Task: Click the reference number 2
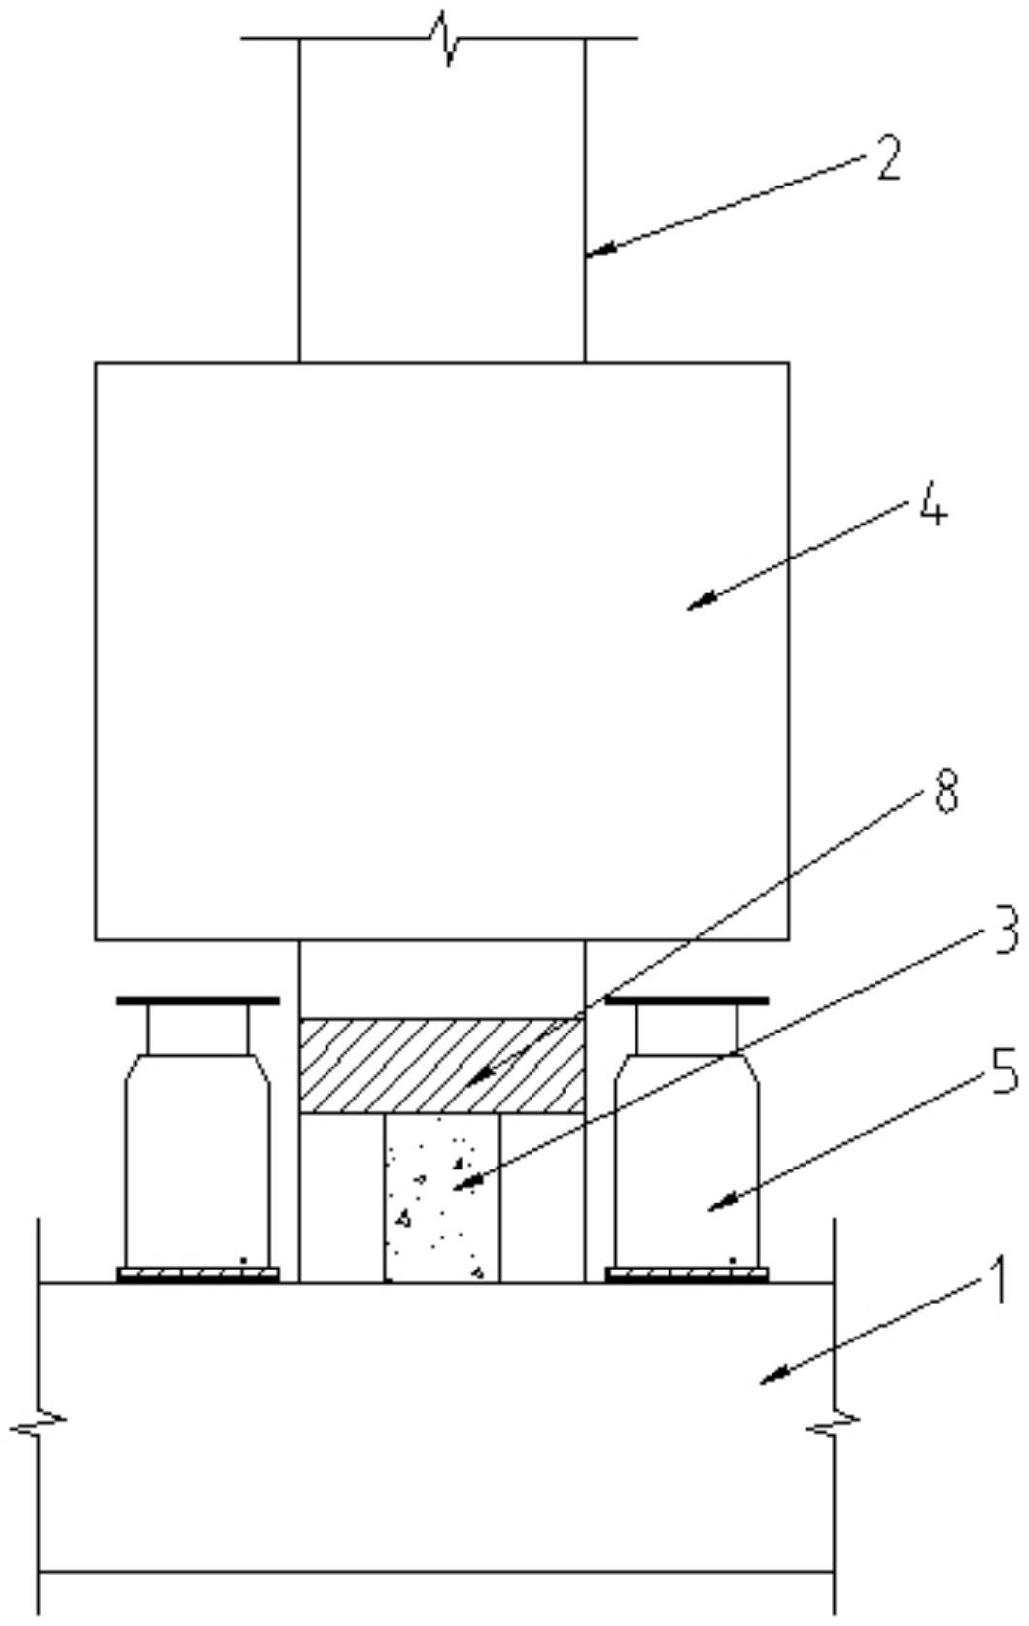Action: pos(887,157)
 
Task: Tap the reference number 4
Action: pos(933,502)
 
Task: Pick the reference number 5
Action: pos(1005,1072)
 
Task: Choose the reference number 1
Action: pos(998,1283)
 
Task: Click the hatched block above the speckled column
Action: pos(442,1066)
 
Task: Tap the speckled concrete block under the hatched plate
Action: pos(442,1198)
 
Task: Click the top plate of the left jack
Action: pos(197,1001)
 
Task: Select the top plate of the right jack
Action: pos(687,1001)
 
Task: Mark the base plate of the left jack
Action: pos(197,1274)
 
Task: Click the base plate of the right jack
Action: pos(687,1274)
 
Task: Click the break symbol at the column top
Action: pos(444,39)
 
